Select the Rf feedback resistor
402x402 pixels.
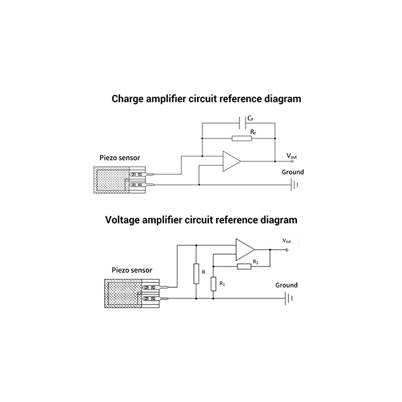click(238, 138)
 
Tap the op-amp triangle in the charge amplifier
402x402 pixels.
click(231, 161)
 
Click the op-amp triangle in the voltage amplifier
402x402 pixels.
click(245, 249)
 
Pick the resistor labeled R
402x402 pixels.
click(196, 272)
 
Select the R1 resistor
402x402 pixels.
click(214, 284)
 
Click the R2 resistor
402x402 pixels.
click(244, 266)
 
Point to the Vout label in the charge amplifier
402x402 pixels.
click(292, 156)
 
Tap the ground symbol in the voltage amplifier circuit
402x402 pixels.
click(289, 298)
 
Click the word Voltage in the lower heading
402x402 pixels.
click(124, 220)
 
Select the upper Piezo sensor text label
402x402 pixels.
click(120, 158)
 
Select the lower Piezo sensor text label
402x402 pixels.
click(128, 270)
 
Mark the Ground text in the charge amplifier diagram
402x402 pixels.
click(293, 172)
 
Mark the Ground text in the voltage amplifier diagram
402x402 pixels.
click(286, 285)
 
